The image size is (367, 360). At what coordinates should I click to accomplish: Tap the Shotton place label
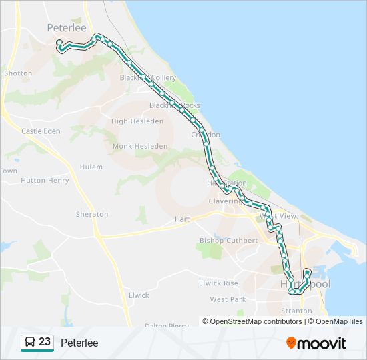click(18, 73)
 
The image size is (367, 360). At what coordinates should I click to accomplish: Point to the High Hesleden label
click(137, 121)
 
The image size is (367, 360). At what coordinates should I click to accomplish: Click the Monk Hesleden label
click(140, 146)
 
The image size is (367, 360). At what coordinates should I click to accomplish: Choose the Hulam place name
click(91, 167)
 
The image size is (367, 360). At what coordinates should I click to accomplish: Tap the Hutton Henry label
click(45, 180)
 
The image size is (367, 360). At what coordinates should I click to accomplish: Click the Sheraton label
click(92, 214)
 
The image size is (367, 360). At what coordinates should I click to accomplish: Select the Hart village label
click(182, 219)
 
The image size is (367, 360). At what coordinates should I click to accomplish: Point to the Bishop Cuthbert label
click(228, 240)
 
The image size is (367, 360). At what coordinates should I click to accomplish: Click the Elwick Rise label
click(218, 283)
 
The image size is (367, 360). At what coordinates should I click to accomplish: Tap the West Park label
click(228, 299)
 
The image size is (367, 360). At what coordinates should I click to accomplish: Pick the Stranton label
click(296, 311)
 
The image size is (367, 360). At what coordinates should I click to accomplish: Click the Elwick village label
click(139, 295)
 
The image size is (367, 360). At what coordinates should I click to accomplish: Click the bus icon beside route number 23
click(29, 343)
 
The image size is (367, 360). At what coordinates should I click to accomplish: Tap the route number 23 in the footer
click(45, 342)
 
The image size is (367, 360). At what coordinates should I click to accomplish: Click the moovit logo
click(316, 343)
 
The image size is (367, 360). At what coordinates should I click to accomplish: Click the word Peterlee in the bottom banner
click(79, 343)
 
